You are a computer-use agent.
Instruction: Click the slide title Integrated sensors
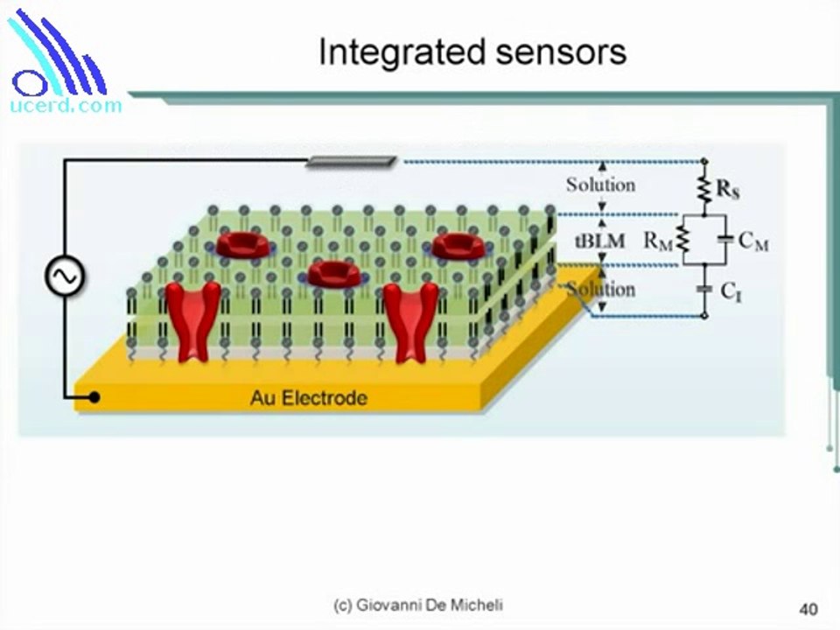(472, 52)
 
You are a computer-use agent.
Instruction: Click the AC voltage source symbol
(64, 278)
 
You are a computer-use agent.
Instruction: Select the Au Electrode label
(309, 398)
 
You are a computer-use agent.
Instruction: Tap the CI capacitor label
(731, 292)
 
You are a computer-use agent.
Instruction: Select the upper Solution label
(600, 185)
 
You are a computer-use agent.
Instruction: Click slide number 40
(808, 608)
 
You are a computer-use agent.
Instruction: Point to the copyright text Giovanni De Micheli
(418, 605)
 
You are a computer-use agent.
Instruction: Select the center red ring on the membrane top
(333, 274)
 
